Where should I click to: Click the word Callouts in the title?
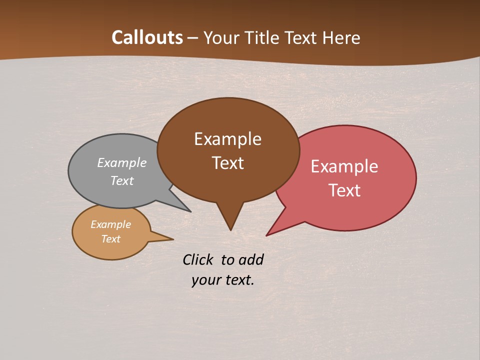click(147, 37)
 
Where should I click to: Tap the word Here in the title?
click(341, 37)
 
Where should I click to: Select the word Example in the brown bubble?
click(227, 139)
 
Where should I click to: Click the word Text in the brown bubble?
click(227, 163)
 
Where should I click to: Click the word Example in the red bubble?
click(344, 166)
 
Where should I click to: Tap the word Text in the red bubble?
click(344, 190)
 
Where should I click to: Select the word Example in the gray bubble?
click(122, 162)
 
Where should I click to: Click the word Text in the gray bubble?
click(122, 180)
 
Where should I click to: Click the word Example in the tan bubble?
click(110, 224)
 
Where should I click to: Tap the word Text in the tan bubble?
click(110, 239)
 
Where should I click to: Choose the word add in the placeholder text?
click(251, 259)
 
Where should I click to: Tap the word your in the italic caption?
click(205, 280)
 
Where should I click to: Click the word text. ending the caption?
click(238, 280)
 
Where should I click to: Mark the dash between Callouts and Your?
click(193, 38)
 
